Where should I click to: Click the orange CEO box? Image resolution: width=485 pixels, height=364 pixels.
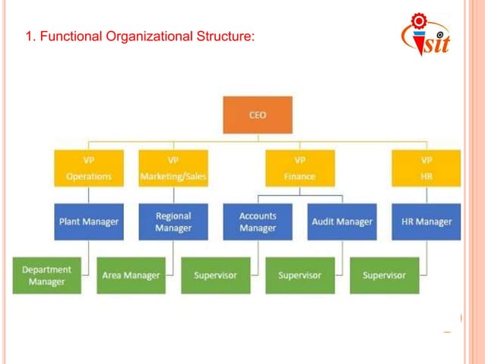point(258,115)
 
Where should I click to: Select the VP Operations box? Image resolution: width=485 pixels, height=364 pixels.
point(88,168)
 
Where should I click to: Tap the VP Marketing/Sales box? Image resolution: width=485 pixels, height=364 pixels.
point(173,168)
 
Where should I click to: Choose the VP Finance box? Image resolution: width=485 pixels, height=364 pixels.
point(300,168)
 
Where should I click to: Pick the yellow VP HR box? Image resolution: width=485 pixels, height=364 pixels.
point(426,168)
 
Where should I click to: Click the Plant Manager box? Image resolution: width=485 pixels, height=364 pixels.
point(88,222)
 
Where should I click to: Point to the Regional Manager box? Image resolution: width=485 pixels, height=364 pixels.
point(173,222)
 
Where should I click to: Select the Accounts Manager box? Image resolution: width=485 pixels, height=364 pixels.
point(257,222)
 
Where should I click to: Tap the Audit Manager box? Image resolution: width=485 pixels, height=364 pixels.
point(341,222)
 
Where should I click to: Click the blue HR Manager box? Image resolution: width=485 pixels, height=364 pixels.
point(426,222)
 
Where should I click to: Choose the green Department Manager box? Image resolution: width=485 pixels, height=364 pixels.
point(46,275)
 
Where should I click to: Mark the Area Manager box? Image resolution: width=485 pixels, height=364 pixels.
point(131,275)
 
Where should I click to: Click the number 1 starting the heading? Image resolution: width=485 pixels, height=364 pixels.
point(29,36)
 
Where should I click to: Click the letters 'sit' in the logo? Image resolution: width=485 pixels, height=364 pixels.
point(434,43)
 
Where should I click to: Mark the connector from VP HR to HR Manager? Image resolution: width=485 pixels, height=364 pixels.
point(426,195)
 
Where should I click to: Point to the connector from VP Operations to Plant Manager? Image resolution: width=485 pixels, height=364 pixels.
point(88,195)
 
